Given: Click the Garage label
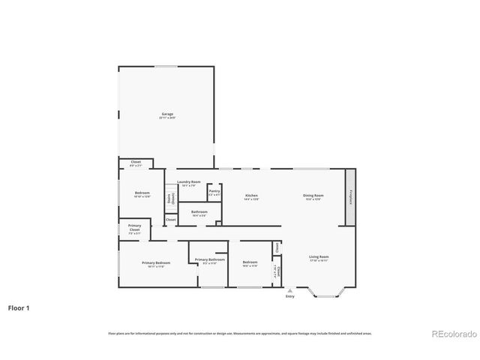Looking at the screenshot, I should coord(166,115).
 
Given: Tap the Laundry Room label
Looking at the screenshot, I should coord(188,182).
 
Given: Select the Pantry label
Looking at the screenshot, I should coord(214,192).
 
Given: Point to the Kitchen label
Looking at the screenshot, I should coord(251,196).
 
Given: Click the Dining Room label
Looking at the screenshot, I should coord(313,196).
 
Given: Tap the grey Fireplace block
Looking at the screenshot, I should coord(350,196).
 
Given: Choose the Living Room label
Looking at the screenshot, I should coord(319,258).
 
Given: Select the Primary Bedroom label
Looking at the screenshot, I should coord(156,263).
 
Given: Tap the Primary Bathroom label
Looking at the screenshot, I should coord(205,260).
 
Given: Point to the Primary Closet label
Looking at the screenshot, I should coord(134,227).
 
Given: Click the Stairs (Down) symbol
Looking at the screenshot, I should coord(171,199).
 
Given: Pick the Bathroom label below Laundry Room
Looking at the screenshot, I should coord(199,212).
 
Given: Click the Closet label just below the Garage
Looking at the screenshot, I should coord(136,163).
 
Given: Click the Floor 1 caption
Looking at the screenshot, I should coord(18,307).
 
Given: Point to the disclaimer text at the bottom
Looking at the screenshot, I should coord(240,332).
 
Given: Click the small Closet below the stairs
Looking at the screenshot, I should coord(171,220).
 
